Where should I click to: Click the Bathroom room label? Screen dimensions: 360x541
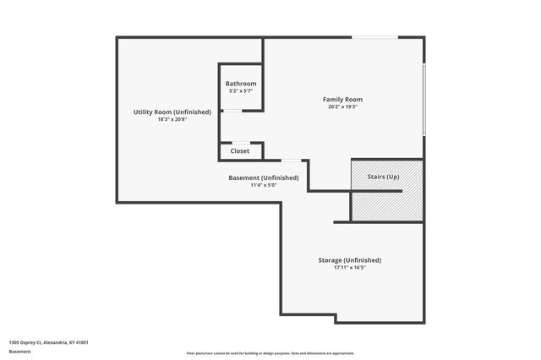pyautogui.click(x=241, y=84)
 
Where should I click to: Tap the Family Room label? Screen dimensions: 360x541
pyautogui.click(x=343, y=100)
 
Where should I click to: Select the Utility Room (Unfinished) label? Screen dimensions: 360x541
pyautogui.click(x=172, y=112)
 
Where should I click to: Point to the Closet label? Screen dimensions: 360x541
pyautogui.click(x=240, y=152)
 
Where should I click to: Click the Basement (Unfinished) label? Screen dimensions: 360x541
pyautogui.click(x=264, y=177)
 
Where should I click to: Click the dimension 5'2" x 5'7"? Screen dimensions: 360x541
pyautogui.click(x=241, y=91)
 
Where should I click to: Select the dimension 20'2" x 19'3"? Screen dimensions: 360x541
pyautogui.click(x=343, y=106)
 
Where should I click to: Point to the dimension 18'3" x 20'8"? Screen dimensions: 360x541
pyautogui.click(x=172, y=120)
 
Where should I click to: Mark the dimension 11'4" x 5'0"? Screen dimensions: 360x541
pyautogui.click(x=264, y=185)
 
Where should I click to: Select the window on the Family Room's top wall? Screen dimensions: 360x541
pyautogui.click(x=374, y=37)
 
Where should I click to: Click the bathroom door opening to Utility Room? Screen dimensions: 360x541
pyautogui.click(x=230, y=111)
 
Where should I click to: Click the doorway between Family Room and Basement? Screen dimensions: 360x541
pyautogui.click(x=291, y=160)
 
